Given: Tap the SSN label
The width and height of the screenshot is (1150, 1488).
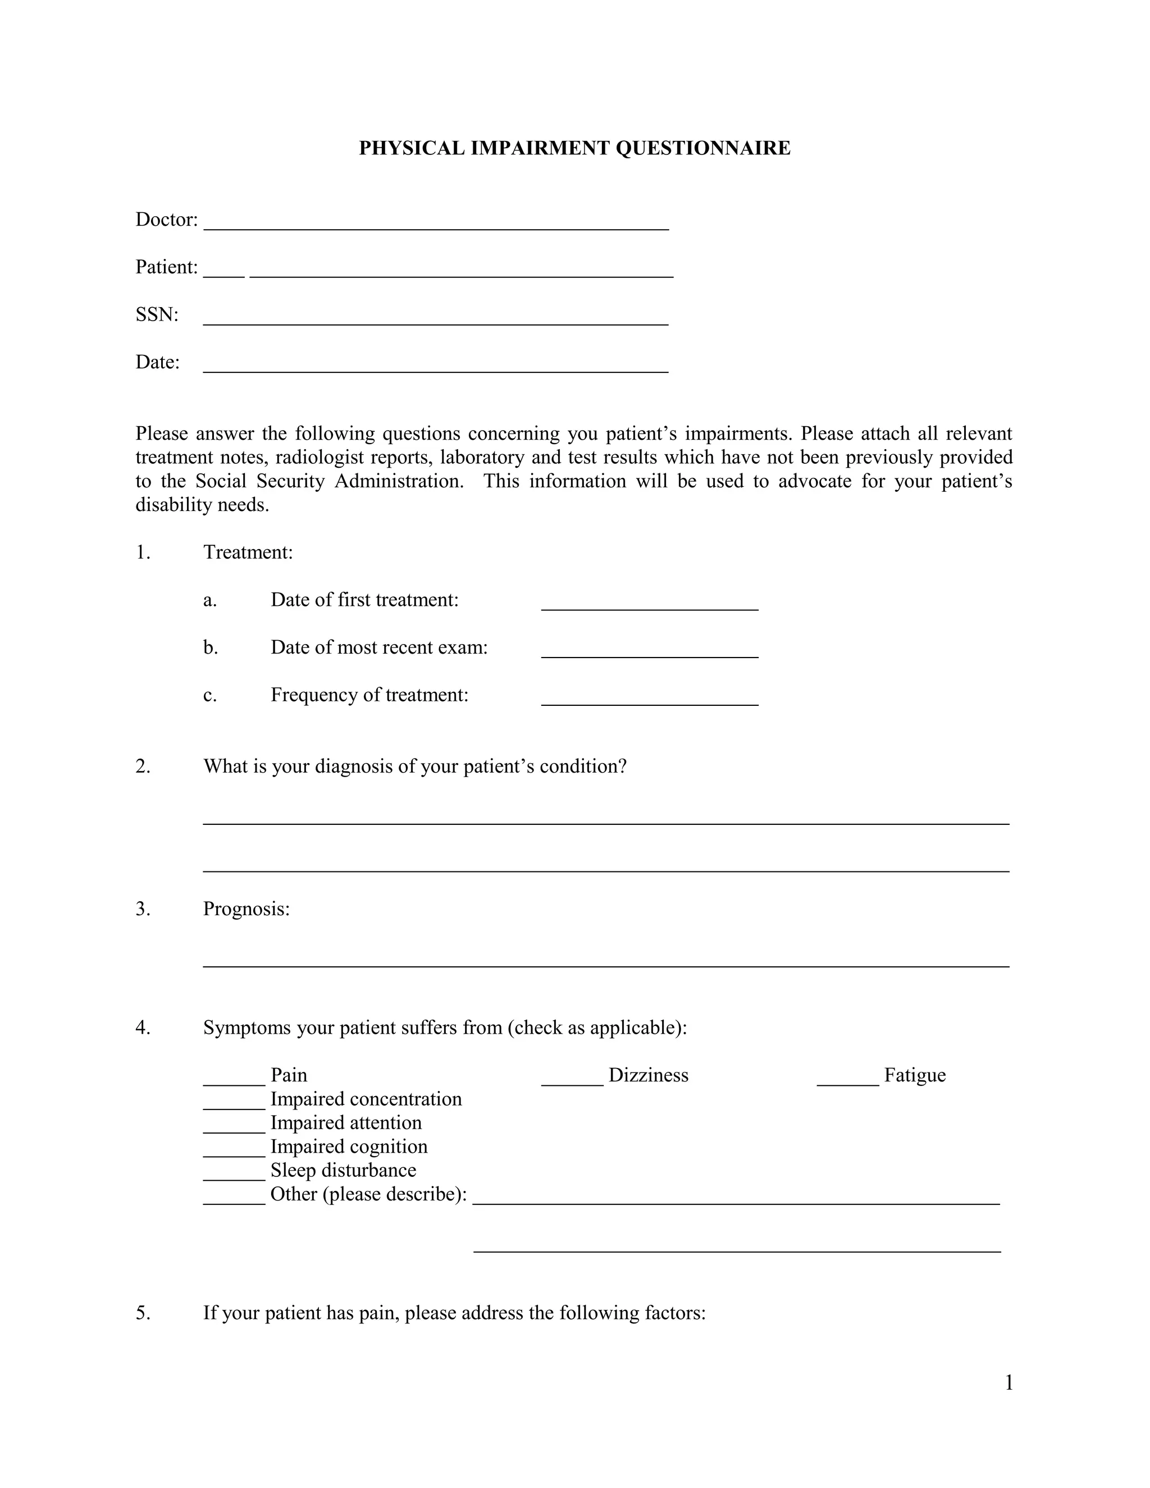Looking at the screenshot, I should click(x=157, y=315).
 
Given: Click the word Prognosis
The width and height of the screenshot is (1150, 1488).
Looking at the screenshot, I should click(x=246, y=909).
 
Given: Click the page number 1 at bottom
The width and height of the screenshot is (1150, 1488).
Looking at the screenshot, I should click(x=1009, y=1383).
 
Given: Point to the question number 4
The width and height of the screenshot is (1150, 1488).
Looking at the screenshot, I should click(x=143, y=1028).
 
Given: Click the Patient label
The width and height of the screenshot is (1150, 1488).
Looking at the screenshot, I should click(x=166, y=267).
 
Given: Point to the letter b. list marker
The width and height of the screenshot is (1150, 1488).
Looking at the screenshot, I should click(x=210, y=647).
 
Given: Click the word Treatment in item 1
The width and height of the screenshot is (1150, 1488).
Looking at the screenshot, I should click(x=247, y=552).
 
